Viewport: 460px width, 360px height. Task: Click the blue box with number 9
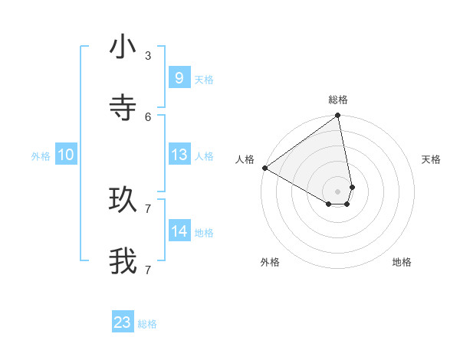click(179, 78)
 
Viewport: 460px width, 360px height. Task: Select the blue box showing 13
click(179, 155)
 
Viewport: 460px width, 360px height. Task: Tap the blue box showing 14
click(179, 231)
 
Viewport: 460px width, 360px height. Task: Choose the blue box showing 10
click(65, 155)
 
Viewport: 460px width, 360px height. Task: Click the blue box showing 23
click(123, 322)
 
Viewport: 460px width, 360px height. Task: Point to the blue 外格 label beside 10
click(41, 156)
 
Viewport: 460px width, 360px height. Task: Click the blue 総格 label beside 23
click(147, 324)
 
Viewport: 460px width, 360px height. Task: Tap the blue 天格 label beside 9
click(203, 80)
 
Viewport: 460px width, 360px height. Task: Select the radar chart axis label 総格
click(338, 100)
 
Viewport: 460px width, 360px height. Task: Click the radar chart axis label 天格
click(431, 159)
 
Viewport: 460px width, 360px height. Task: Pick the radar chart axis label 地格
click(402, 262)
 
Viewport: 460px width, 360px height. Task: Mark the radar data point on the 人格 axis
click(264, 168)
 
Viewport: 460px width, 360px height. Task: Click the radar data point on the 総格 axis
click(338, 116)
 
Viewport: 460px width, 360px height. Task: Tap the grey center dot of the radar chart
click(338, 191)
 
